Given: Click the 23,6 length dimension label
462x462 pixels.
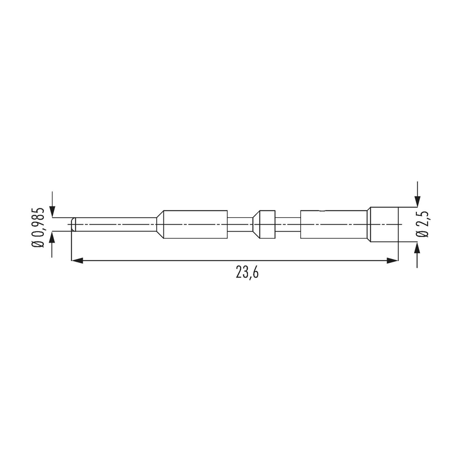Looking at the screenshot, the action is click(x=247, y=272).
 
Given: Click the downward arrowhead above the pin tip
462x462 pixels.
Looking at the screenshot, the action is click(x=52, y=212).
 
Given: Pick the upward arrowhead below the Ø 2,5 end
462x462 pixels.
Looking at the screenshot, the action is click(x=417, y=248).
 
